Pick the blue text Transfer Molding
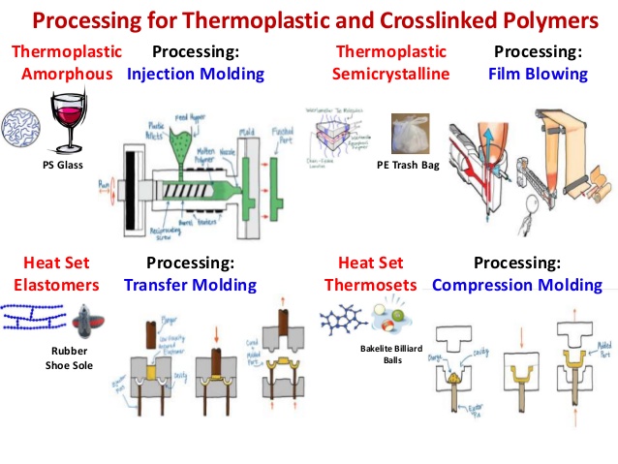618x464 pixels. tap(190, 285)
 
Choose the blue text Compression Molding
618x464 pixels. tap(517, 285)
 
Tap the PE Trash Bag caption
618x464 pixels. tap(408, 166)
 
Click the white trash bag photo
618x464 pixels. tap(412, 135)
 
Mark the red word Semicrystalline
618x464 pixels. tap(389, 73)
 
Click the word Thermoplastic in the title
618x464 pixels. tap(245, 20)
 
